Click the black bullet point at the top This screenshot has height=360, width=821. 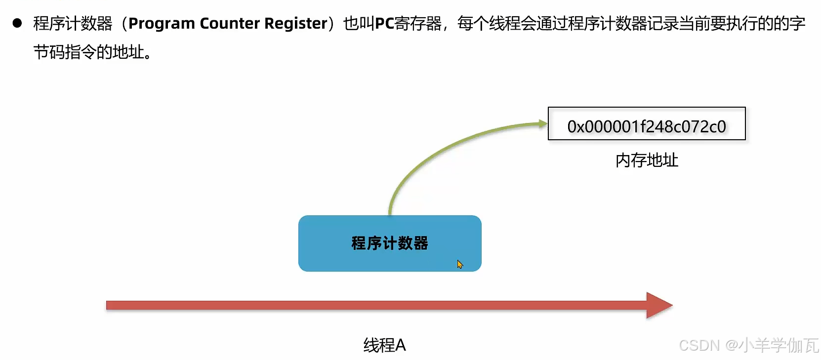click(x=17, y=23)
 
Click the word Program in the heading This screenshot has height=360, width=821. click(x=162, y=24)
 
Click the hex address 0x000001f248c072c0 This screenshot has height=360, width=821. click(x=646, y=126)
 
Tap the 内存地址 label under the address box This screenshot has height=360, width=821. click(x=646, y=160)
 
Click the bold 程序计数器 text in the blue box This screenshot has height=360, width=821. click(x=389, y=243)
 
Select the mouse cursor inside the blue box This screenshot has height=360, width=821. click(x=460, y=264)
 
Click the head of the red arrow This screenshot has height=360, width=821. click(x=659, y=305)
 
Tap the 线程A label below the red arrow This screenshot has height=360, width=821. click(x=384, y=345)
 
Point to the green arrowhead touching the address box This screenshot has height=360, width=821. click(x=543, y=123)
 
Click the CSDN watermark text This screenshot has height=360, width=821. click(x=699, y=345)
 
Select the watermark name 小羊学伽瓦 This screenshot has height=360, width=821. click(x=779, y=345)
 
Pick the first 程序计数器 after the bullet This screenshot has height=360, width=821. click(x=73, y=24)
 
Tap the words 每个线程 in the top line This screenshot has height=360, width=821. click(x=489, y=24)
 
